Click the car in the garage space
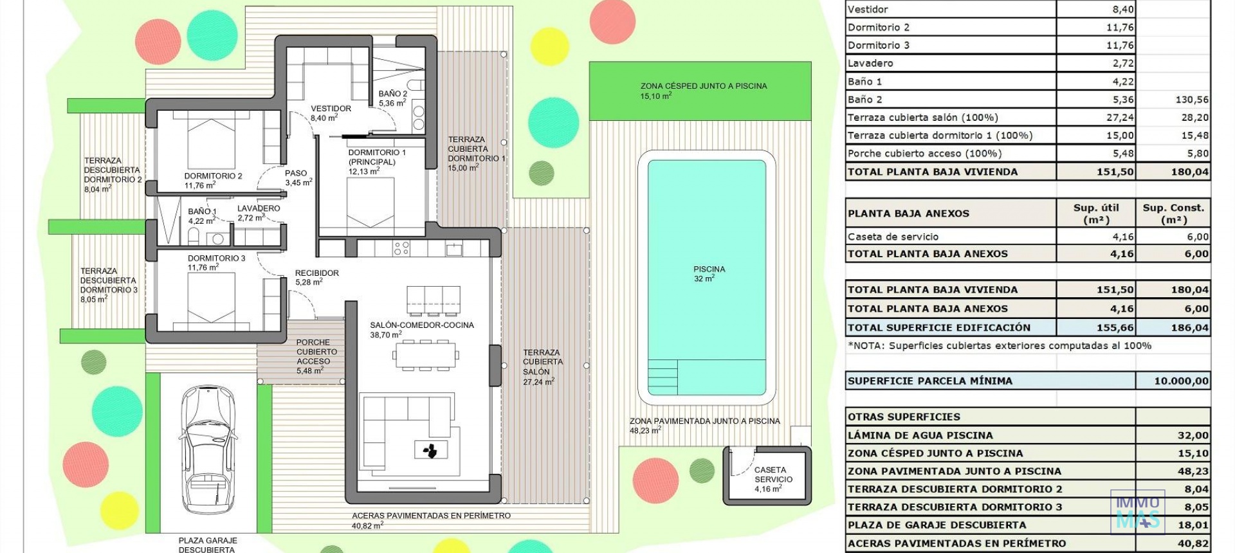pos(207,450)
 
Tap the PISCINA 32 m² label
pos(709,274)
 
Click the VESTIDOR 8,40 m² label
pos(331,113)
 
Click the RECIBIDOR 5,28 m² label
pos(316,277)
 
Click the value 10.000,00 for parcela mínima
pos(1181,381)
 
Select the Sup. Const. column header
pos(1173,213)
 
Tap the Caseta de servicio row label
pos(893,237)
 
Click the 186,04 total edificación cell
pos(1189,327)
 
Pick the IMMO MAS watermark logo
pos(1137,511)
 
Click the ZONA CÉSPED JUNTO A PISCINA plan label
pos(703,90)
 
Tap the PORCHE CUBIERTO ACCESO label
pos(316,356)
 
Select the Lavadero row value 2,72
pos(1123,63)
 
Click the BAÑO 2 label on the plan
pos(392,98)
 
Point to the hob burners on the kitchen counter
pos(401,248)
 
